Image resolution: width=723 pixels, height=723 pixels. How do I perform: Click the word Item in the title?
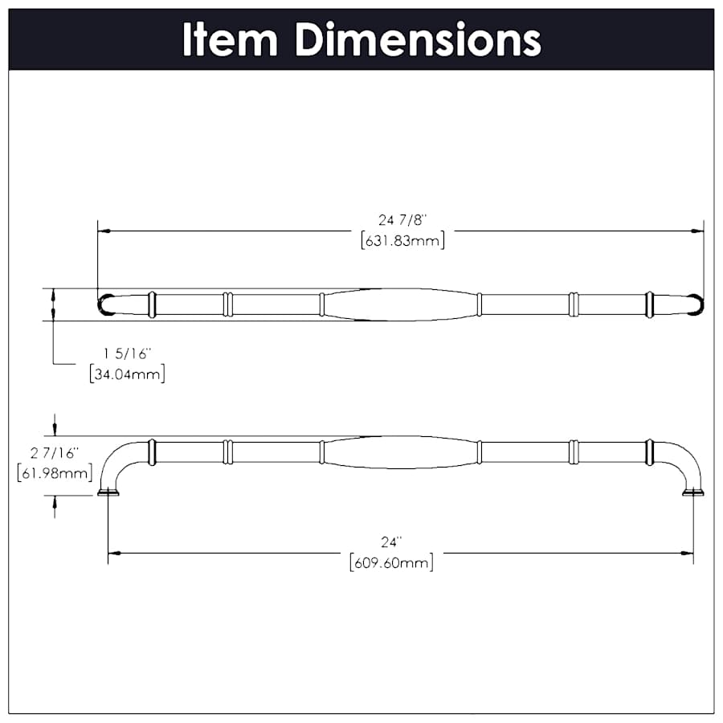[230, 39]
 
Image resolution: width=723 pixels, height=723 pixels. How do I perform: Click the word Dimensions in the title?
[417, 39]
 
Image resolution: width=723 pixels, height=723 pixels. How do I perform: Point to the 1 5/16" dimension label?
[128, 353]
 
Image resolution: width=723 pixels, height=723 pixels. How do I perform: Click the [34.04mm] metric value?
[128, 373]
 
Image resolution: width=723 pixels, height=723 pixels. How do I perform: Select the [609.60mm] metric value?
[391, 562]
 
